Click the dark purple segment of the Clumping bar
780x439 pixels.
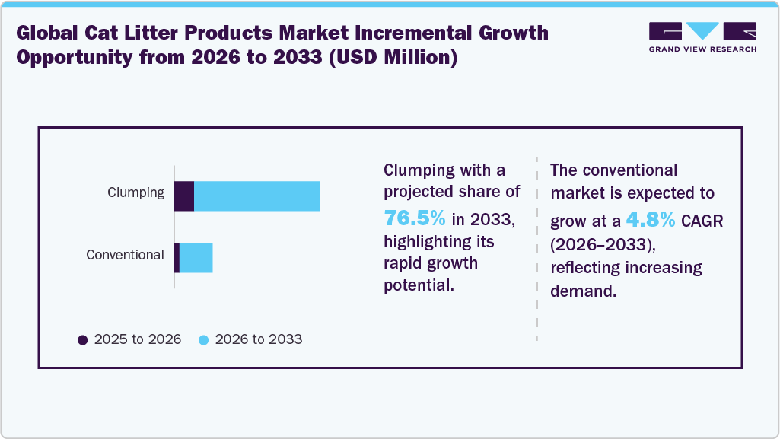184,196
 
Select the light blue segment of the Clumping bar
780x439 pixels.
256,196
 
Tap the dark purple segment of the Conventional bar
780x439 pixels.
177,258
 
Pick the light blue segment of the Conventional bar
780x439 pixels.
196,258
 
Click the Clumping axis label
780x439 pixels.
135,192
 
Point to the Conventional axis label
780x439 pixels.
125,255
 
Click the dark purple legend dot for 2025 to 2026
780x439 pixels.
83,340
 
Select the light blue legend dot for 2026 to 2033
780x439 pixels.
204,340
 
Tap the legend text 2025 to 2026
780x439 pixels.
138,339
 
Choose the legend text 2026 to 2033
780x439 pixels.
259,339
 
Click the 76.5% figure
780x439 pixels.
415,218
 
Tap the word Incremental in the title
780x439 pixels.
403,33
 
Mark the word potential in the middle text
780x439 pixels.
418,285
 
